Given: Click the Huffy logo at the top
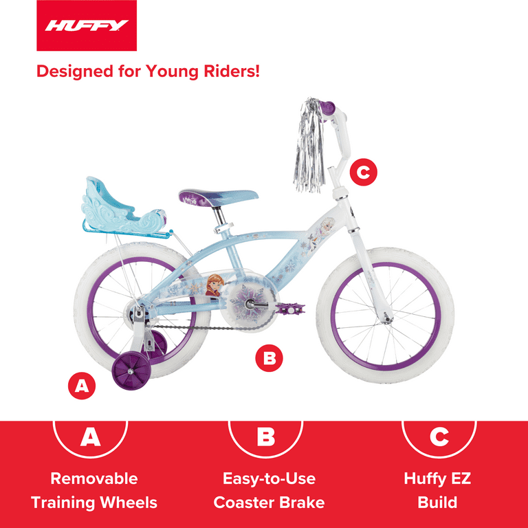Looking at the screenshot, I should [x=87, y=27].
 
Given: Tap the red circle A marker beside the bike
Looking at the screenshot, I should [x=81, y=386].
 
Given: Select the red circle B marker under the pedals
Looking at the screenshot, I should [x=269, y=358].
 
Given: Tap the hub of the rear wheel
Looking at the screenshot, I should [x=140, y=313].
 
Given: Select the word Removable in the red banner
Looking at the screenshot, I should [x=94, y=478].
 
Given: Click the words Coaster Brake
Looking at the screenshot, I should [x=269, y=503].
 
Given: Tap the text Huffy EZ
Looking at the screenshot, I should [x=437, y=478].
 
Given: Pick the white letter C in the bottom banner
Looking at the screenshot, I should [x=438, y=437].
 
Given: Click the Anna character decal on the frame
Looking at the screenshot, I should [x=214, y=283].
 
